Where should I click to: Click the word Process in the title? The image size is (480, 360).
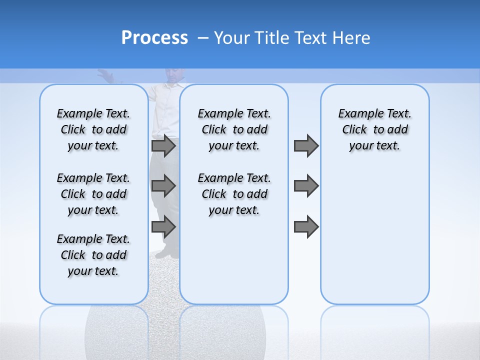coord(154,38)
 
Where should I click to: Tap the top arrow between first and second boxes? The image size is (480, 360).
coord(163,146)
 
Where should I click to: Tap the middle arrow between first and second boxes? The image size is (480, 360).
coord(163,186)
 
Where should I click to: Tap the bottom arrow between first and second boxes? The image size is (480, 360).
coord(163,227)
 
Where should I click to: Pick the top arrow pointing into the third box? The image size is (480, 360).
coord(306,146)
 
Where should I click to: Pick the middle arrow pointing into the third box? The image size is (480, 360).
coord(306,186)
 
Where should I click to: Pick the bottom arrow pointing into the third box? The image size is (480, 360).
coord(306,227)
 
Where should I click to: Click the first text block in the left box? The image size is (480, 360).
coord(93,129)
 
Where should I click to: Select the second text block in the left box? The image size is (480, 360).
coord(93,194)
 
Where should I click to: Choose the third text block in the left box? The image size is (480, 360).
coord(93,255)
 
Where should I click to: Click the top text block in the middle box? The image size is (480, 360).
coord(234,129)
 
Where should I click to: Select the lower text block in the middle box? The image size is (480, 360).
coord(234,194)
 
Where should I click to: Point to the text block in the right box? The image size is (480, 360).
coord(374,129)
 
